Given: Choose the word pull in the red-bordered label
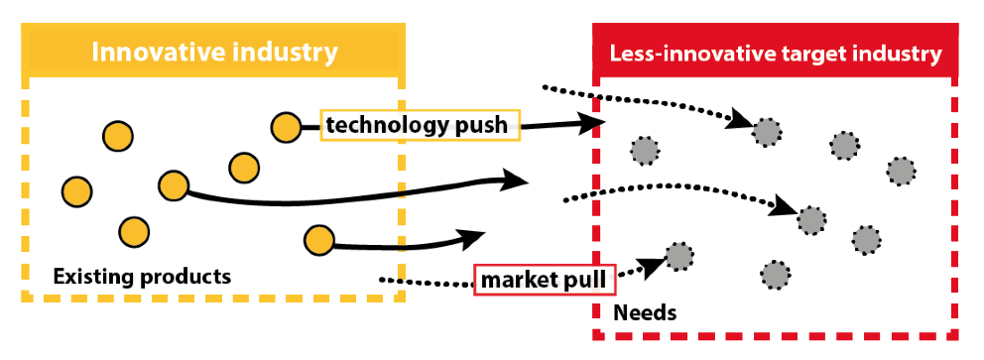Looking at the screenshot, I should pos(585,280).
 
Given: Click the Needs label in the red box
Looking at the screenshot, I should pos(645,313).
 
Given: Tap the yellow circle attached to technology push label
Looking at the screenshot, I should pos(286,126).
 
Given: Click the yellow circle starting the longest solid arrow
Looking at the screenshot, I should pos(173,185).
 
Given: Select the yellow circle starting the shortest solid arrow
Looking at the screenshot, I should pos(317,239).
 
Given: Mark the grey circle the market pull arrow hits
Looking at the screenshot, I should pos(678,257).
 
